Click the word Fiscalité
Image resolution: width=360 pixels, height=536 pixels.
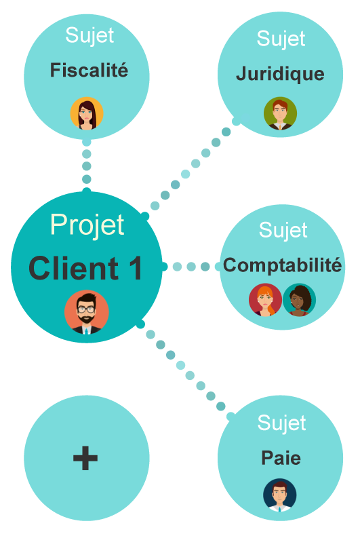pyautogui.click(x=89, y=70)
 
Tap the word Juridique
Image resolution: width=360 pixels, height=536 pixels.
pyautogui.click(x=280, y=74)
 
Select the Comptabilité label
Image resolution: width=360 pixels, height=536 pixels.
pyautogui.click(x=282, y=265)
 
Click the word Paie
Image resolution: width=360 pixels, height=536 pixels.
pyautogui.click(x=281, y=458)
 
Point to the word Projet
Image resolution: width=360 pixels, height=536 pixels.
pyautogui.click(x=87, y=225)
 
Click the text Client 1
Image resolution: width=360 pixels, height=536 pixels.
pyautogui.click(x=85, y=269)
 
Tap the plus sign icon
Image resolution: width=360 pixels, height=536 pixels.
pyautogui.click(x=85, y=458)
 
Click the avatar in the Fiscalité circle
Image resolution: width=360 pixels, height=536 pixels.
pyautogui.click(x=87, y=113)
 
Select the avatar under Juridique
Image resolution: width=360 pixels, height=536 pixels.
pyautogui.click(x=281, y=113)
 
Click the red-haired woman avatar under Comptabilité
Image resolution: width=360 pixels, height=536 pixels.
pyautogui.click(x=265, y=300)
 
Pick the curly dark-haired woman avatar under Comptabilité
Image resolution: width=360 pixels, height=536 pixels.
pyautogui.click(x=299, y=300)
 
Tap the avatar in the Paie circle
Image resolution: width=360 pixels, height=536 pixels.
pyautogui.click(x=280, y=495)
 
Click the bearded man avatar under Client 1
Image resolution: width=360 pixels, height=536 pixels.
pyautogui.click(x=87, y=312)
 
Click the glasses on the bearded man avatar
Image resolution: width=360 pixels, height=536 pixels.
pyautogui.click(x=86, y=309)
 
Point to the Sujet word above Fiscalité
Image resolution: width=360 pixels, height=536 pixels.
pyautogui.click(x=89, y=35)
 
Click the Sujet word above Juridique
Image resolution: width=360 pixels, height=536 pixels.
pyautogui.click(x=281, y=38)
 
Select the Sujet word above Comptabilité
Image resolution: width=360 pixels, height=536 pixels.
pyautogui.click(x=283, y=230)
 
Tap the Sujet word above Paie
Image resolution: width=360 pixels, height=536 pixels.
pyautogui.click(x=281, y=423)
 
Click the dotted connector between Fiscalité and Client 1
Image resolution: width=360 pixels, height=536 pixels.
pyautogui.click(x=87, y=166)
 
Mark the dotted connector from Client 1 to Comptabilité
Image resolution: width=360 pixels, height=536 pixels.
pyautogui.click(x=191, y=267)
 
